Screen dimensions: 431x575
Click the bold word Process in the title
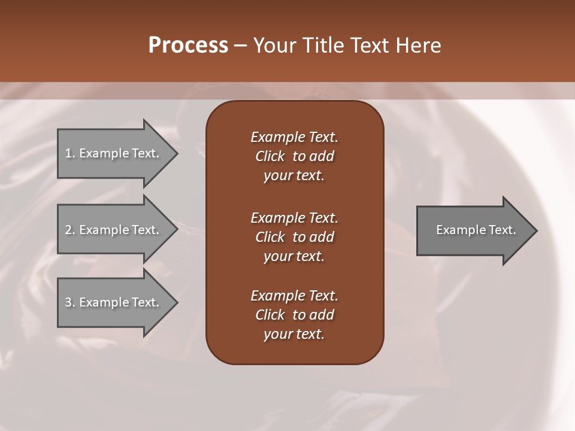188,45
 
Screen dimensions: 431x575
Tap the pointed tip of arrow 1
176,154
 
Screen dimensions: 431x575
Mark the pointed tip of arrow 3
176,302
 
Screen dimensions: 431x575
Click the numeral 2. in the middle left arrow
70,230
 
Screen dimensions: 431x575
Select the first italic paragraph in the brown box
294,156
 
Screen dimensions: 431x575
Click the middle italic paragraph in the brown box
294,237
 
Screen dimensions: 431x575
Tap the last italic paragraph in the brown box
294,315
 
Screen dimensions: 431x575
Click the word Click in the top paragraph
270,156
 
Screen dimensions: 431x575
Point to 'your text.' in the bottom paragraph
294,334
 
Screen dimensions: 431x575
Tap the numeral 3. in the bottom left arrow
70,302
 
